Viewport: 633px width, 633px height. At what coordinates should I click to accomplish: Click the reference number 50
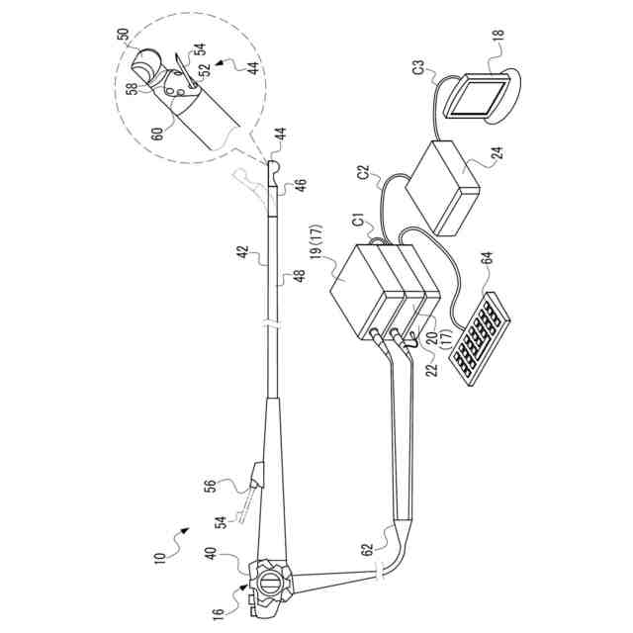tap(124, 35)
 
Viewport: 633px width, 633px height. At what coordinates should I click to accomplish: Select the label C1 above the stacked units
tap(356, 224)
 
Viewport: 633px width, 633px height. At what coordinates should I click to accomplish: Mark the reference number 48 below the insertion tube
tap(295, 275)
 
